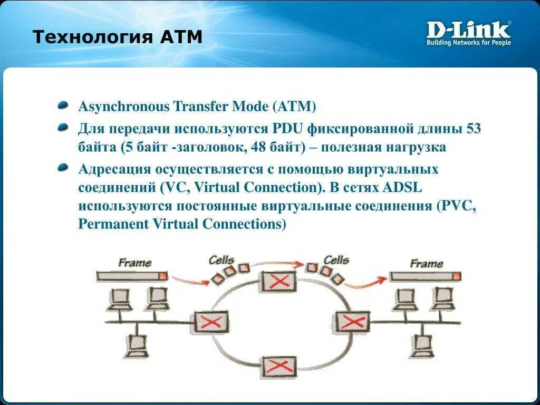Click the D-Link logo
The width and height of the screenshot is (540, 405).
[468, 30]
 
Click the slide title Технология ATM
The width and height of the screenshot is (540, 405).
[117, 38]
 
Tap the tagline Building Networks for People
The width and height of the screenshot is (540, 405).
[468, 42]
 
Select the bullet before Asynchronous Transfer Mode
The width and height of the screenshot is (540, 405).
[63, 105]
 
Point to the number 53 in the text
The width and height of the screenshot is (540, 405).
[474, 129]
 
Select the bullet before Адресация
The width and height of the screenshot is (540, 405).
[63, 168]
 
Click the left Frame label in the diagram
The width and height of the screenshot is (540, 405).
[134, 262]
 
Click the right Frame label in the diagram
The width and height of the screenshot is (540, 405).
[426, 263]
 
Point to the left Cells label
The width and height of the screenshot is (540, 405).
[221, 259]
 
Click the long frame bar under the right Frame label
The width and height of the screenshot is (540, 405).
[425, 276]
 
